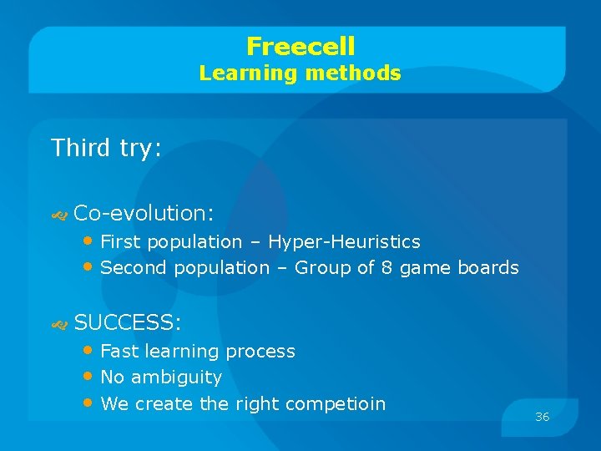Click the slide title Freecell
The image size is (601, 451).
(x=300, y=46)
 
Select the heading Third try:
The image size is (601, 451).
(x=106, y=149)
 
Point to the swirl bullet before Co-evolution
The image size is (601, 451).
(x=58, y=215)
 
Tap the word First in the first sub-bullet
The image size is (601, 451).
(x=119, y=242)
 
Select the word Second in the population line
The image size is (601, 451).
(x=134, y=268)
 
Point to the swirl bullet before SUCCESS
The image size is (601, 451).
(x=58, y=324)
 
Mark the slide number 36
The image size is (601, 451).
(x=542, y=417)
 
